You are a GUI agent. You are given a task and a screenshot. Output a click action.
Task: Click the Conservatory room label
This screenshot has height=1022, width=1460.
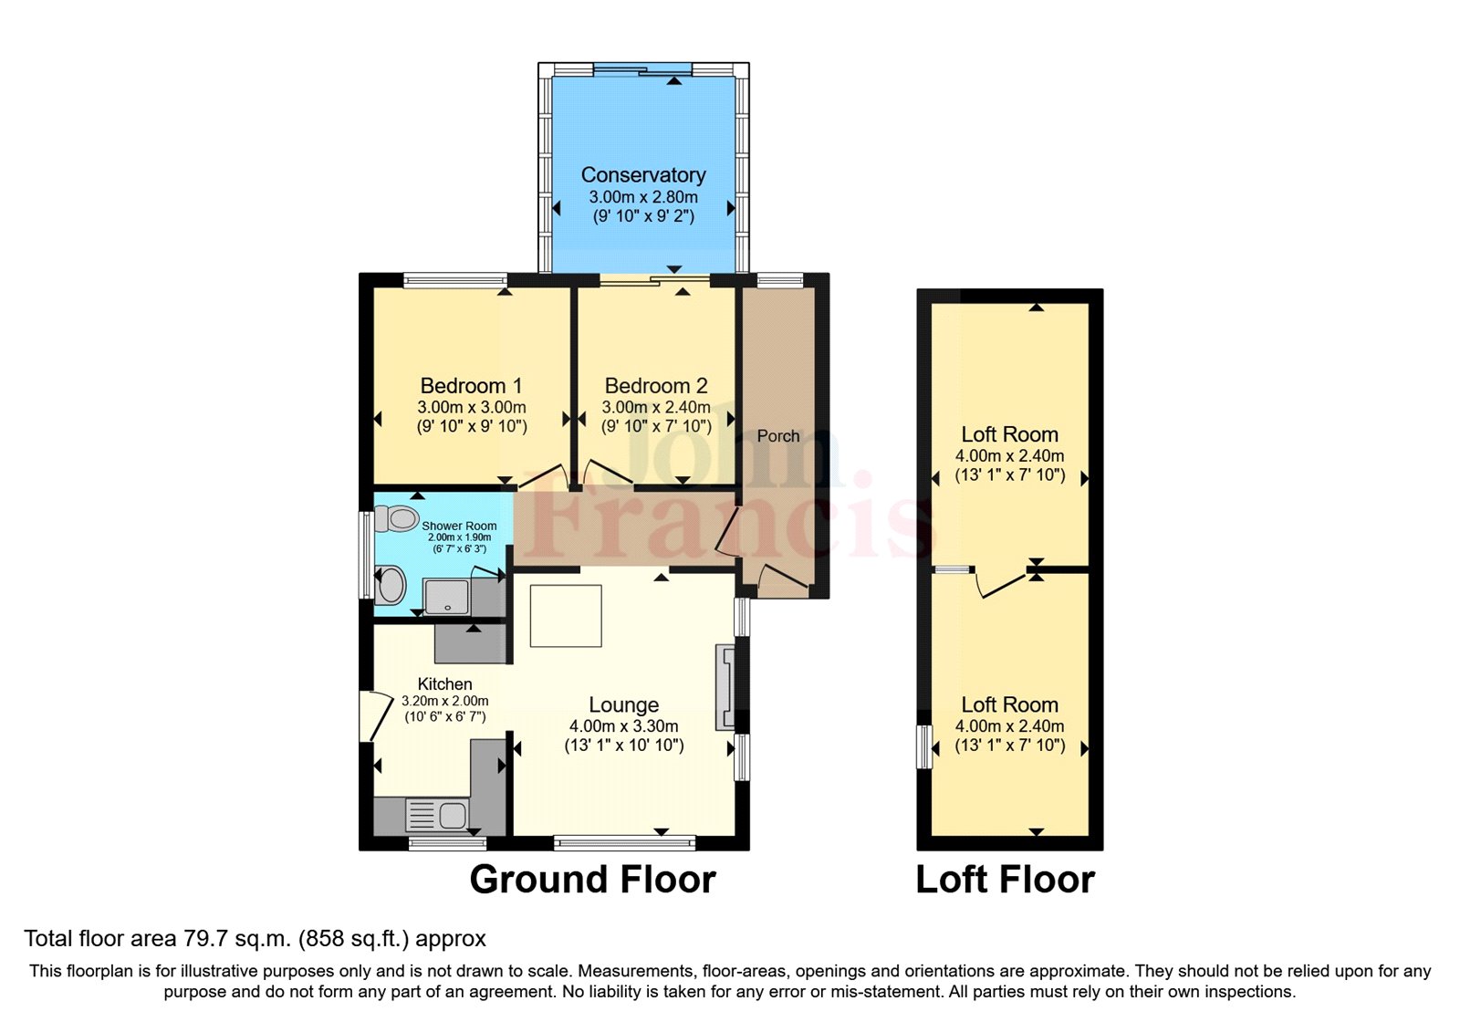click(x=643, y=174)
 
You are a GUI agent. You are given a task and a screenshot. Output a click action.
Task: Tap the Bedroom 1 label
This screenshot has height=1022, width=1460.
click(x=471, y=386)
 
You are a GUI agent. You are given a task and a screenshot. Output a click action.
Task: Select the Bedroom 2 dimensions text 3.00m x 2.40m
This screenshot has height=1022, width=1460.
click(x=656, y=408)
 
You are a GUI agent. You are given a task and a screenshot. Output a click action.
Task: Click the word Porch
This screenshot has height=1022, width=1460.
click(x=777, y=436)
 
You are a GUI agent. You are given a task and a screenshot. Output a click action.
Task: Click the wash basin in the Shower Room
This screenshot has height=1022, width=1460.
click(x=391, y=585)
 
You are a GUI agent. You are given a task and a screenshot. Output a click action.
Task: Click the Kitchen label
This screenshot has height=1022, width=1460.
click(x=444, y=683)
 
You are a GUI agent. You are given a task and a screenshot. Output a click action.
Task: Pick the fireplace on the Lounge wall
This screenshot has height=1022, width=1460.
click(x=725, y=687)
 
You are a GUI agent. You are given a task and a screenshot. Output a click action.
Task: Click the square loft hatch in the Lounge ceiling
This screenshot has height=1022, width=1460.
click(x=566, y=616)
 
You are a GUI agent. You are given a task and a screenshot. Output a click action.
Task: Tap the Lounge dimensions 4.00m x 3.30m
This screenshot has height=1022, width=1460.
click(x=623, y=726)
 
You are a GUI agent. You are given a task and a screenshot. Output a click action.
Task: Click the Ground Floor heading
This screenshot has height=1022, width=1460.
click(x=592, y=880)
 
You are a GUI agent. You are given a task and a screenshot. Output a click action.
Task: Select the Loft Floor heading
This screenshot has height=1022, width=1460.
click(x=1005, y=880)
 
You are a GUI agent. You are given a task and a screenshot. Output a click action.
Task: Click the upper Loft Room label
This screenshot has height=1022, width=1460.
click(x=1009, y=434)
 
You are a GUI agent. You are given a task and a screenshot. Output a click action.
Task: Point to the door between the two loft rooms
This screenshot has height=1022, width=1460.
click(x=999, y=582)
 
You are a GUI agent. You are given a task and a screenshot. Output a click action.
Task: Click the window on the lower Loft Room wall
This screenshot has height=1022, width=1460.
click(x=923, y=747)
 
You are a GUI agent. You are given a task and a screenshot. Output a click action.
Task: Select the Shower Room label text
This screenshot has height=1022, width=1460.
click(x=459, y=527)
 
